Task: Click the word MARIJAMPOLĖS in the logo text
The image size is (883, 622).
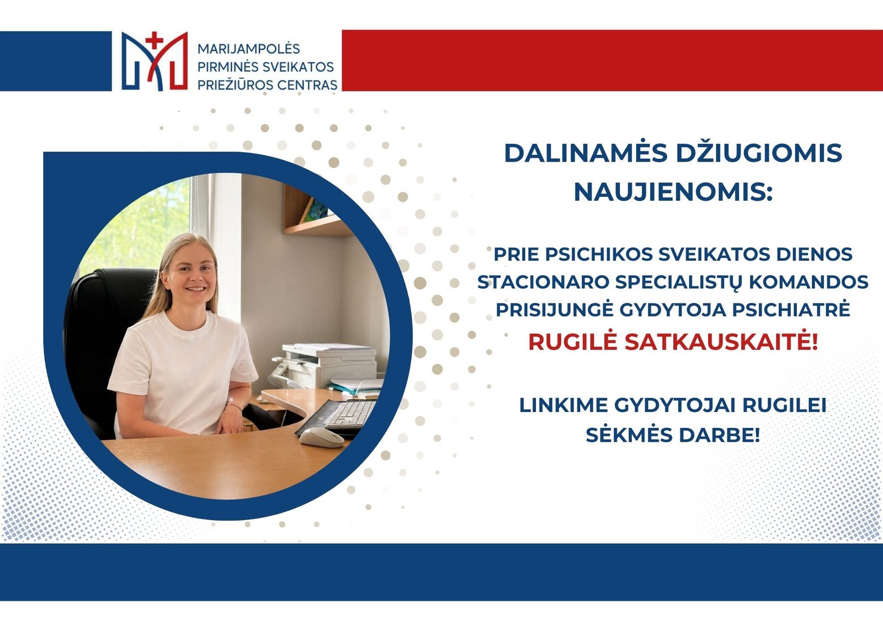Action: pos(249,49)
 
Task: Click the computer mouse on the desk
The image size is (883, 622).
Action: pos(321,438)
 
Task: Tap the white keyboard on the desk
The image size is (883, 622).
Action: pos(349,415)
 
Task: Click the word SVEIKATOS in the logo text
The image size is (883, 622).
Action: pos(299,67)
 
